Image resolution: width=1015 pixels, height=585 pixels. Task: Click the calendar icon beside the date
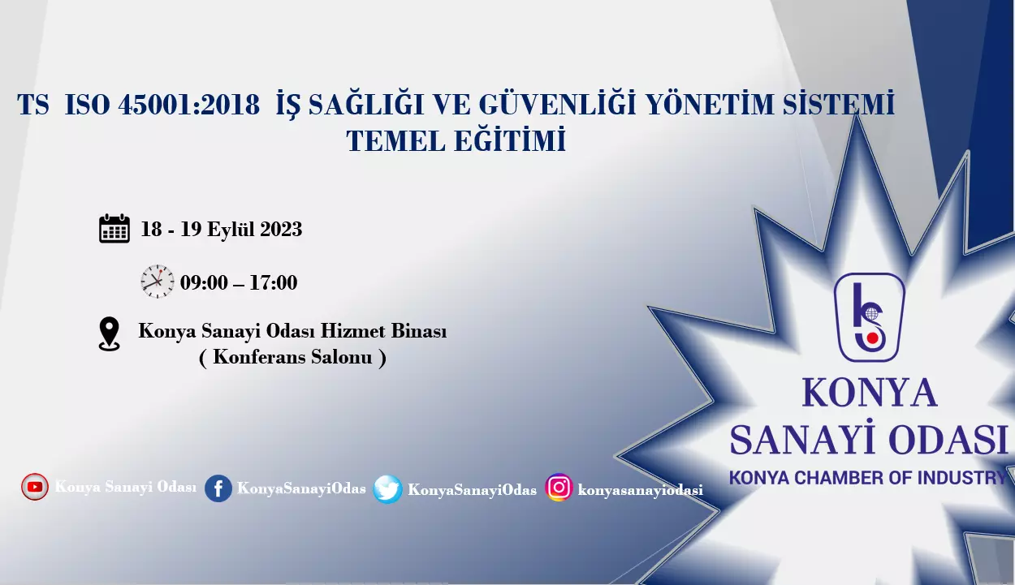click(x=114, y=229)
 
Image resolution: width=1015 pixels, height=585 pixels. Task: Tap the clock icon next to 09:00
click(x=158, y=282)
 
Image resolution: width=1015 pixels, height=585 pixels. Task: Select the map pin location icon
click(x=109, y=334)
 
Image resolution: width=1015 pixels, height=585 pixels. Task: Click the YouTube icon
click(x=35, y=487)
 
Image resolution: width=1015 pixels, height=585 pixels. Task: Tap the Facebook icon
click(x=218, y=488)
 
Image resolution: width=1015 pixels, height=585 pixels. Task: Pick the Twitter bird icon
click(x=387, y=489)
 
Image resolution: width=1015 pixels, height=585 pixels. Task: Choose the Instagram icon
click(x=559, y=488)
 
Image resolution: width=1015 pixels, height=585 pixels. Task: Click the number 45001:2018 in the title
click(x=189, y=105)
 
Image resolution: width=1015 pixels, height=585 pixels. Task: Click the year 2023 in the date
click(x=281, y=229)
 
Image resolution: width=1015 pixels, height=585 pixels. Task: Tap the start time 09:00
click(x=204, y=282)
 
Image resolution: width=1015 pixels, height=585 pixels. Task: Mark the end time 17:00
click(x=273, y=282)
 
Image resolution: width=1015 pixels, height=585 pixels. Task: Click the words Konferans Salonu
click(x=292, y=357)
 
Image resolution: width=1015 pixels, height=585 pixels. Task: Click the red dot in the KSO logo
click(x=873, y=338)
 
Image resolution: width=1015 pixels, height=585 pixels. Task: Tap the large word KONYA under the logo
click(x=870, y=393)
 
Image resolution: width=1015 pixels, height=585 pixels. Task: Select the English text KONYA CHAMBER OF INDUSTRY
click(x=867, y=478)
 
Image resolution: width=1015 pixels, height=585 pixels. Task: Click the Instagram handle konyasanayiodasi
click(x=641, y=490)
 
